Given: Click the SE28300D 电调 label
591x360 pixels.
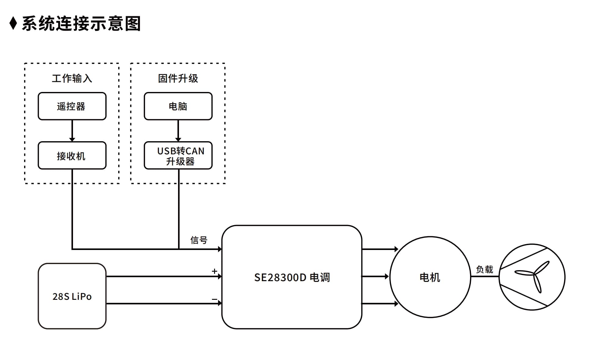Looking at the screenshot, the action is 292,277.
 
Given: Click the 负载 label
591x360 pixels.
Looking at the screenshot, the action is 484,269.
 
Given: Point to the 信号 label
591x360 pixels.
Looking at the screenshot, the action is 199,240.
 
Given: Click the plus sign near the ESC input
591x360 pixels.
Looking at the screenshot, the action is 214,271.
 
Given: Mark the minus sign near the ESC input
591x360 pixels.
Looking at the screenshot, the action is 214,299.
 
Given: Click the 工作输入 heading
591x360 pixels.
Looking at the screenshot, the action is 72,79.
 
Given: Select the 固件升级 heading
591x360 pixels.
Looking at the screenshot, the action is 178,79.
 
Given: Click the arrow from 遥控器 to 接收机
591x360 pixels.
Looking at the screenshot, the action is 72,131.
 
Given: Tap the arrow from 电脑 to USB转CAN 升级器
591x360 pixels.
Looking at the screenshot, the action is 178,131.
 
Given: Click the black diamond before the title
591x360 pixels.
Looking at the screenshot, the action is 13,24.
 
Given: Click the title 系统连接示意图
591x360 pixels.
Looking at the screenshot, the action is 81,24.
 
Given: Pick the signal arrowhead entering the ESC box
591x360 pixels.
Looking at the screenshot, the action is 220,249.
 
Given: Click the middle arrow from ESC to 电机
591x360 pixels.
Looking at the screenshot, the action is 375,277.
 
